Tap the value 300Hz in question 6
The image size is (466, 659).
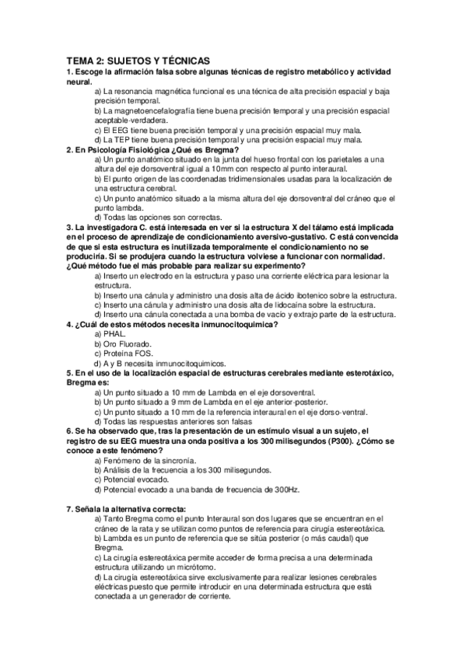point(281,490)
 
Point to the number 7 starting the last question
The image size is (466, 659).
point(69,509)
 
